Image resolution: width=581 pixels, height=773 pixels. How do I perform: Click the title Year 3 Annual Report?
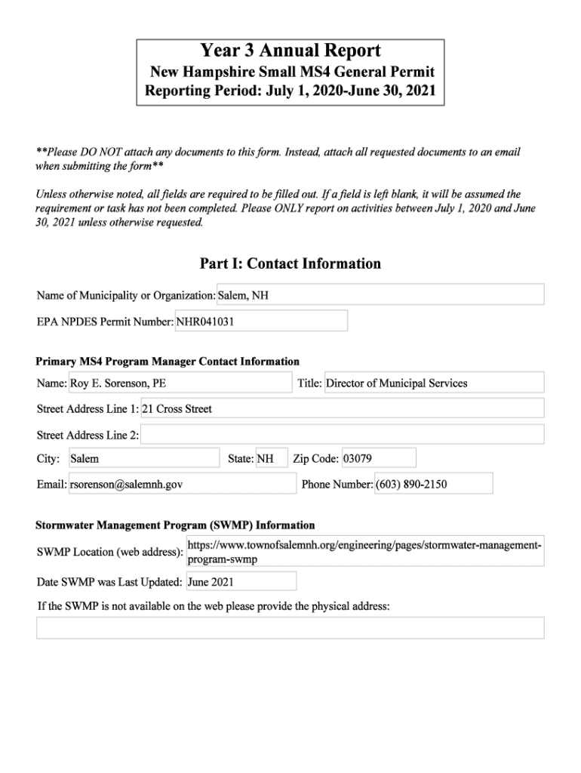[x=290, y=51]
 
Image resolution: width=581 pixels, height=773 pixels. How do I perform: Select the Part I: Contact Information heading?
[x=290, y=263]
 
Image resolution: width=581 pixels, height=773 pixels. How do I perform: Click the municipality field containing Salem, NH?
[x=380, y=295]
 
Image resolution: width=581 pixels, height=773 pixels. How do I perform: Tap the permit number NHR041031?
[x=261, y=321]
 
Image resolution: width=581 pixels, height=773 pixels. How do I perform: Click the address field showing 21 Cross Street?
[x=342, y=408]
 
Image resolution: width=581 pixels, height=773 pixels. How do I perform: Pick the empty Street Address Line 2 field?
[x=342, y=435]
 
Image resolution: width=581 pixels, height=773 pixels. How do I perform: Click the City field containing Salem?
[x=143, y=458]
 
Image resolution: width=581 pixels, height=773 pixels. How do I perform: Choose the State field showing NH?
[x=272, y=458]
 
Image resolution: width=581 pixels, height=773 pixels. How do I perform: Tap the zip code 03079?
[x=378, y=458]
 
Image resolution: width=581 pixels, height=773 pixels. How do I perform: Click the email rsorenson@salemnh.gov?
[x=182, y=484]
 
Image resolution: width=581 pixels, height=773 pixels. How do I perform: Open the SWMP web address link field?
[x=364, y=552]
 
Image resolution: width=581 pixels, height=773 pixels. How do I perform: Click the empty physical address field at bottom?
[x=290, y=628]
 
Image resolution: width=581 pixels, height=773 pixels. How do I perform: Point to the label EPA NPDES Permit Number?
[x=105, y=322]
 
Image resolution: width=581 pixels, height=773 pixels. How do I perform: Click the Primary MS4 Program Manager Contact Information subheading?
[x=168, y=362]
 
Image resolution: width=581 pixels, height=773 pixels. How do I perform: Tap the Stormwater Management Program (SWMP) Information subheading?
[x=175, y=525]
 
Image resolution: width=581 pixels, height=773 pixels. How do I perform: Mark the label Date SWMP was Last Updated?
[x=109, y=582]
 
